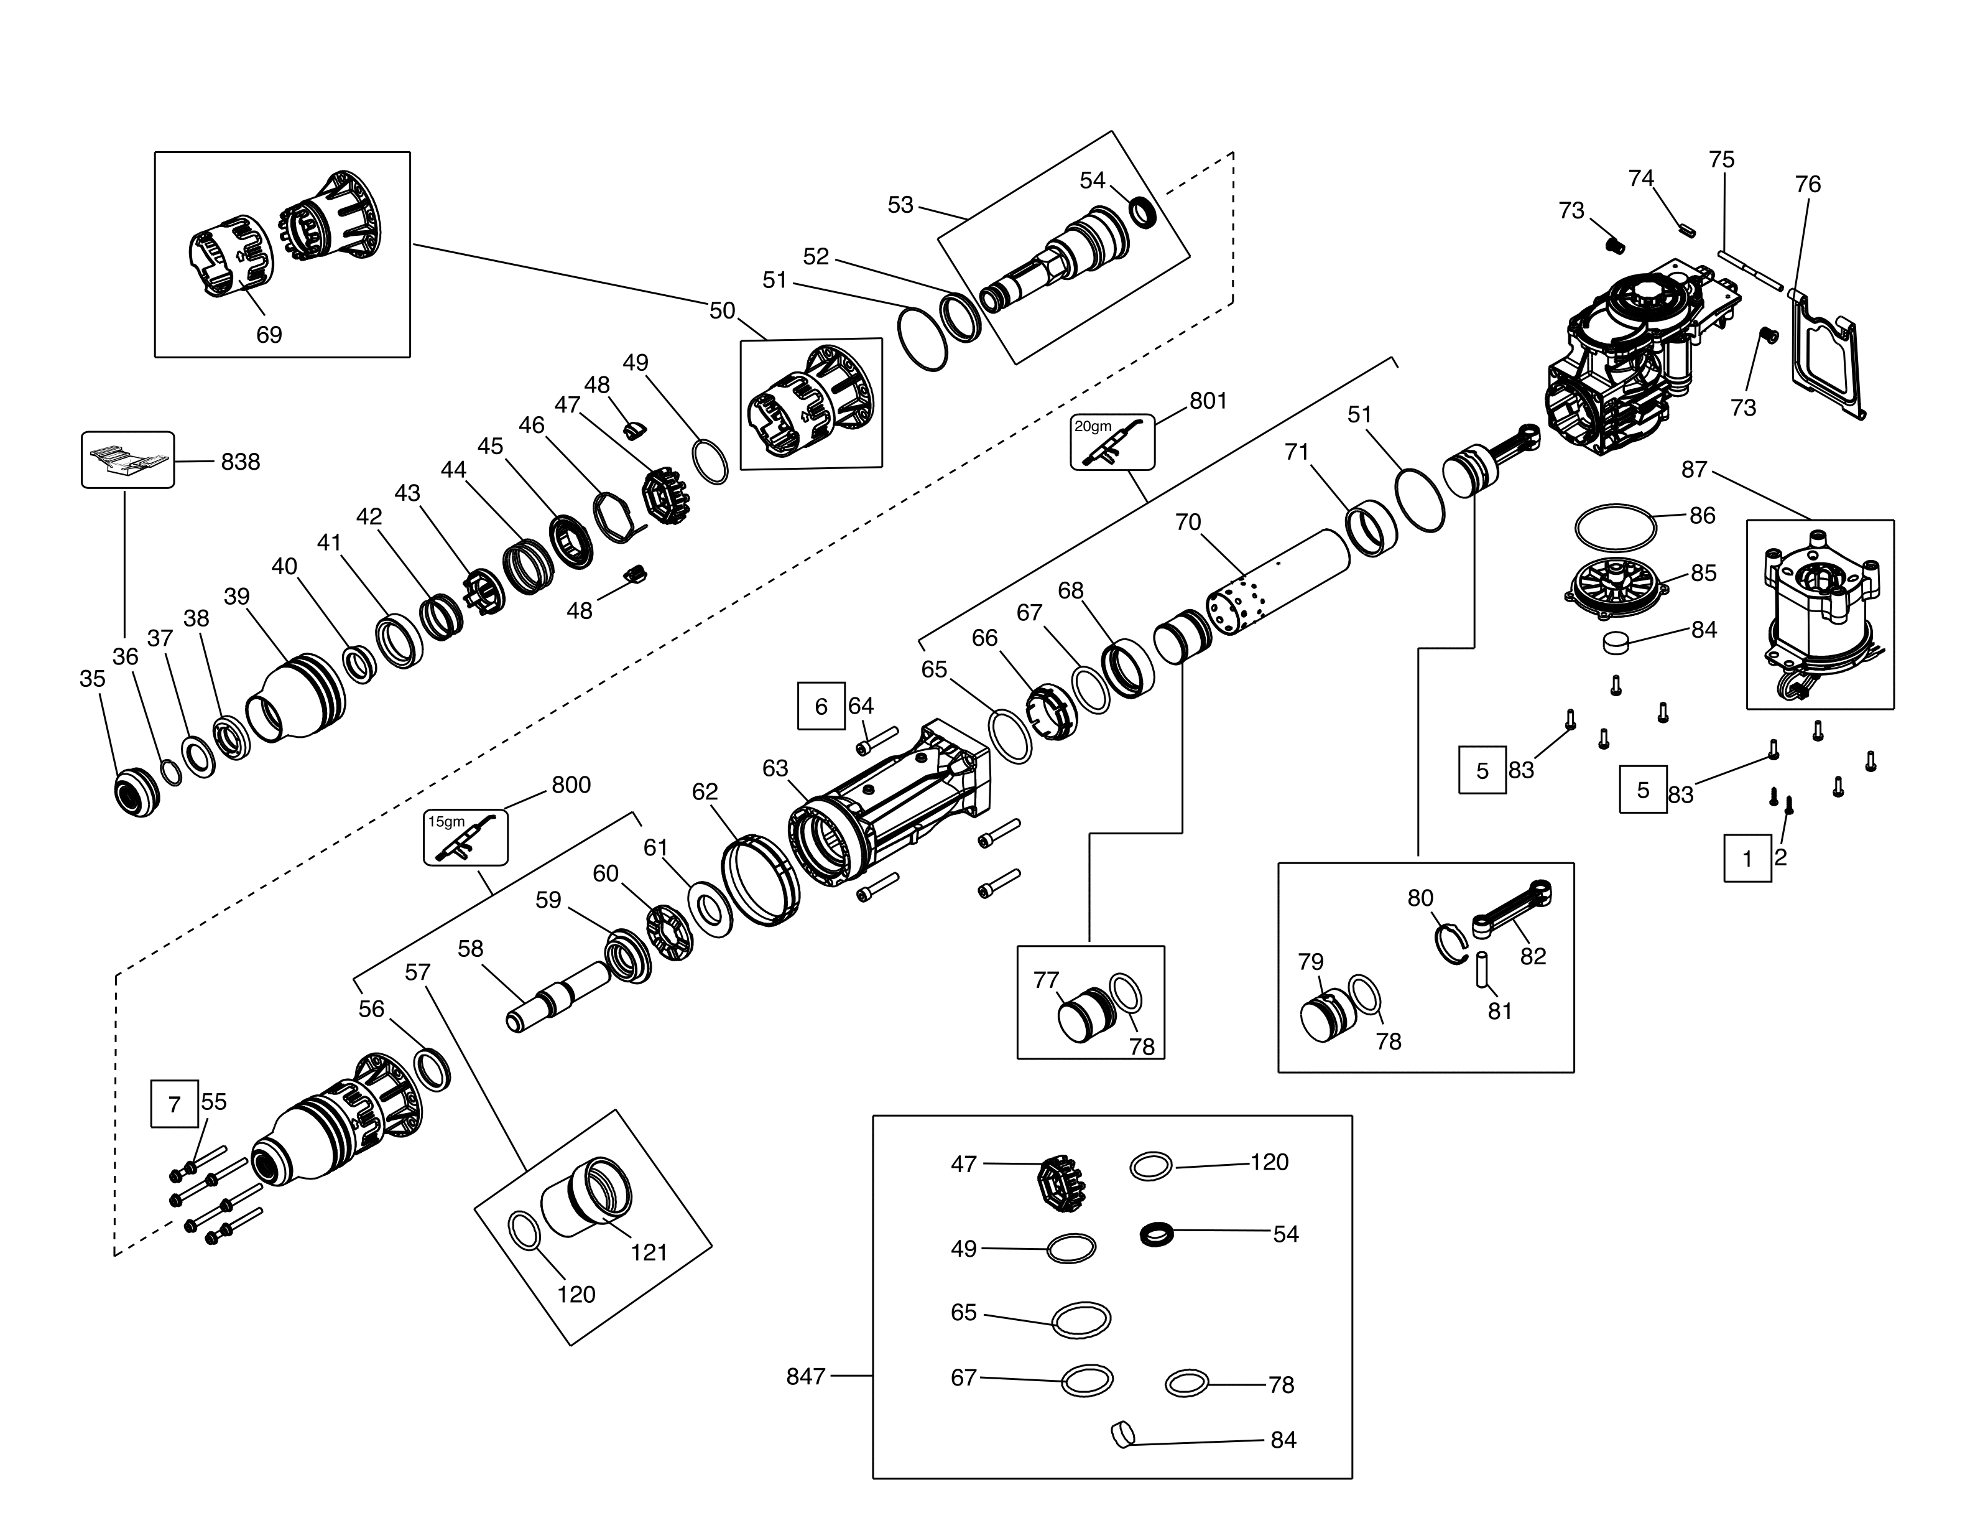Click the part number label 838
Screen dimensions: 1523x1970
[x=240, y=462]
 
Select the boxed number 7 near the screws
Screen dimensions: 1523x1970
[x=174, y=1104]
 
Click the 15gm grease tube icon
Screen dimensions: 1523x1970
[x=465, y=837]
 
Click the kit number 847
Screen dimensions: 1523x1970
[x=805, y=1376]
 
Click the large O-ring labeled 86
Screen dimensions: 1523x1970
[x=1614, y=526]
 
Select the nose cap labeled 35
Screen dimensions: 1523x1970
[x=136, y=791]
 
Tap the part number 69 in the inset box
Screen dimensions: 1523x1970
[x=269, y=335]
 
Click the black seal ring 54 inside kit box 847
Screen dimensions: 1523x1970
[x=1157, y=1233]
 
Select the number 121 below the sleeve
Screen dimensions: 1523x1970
[x=649, y=1252]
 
